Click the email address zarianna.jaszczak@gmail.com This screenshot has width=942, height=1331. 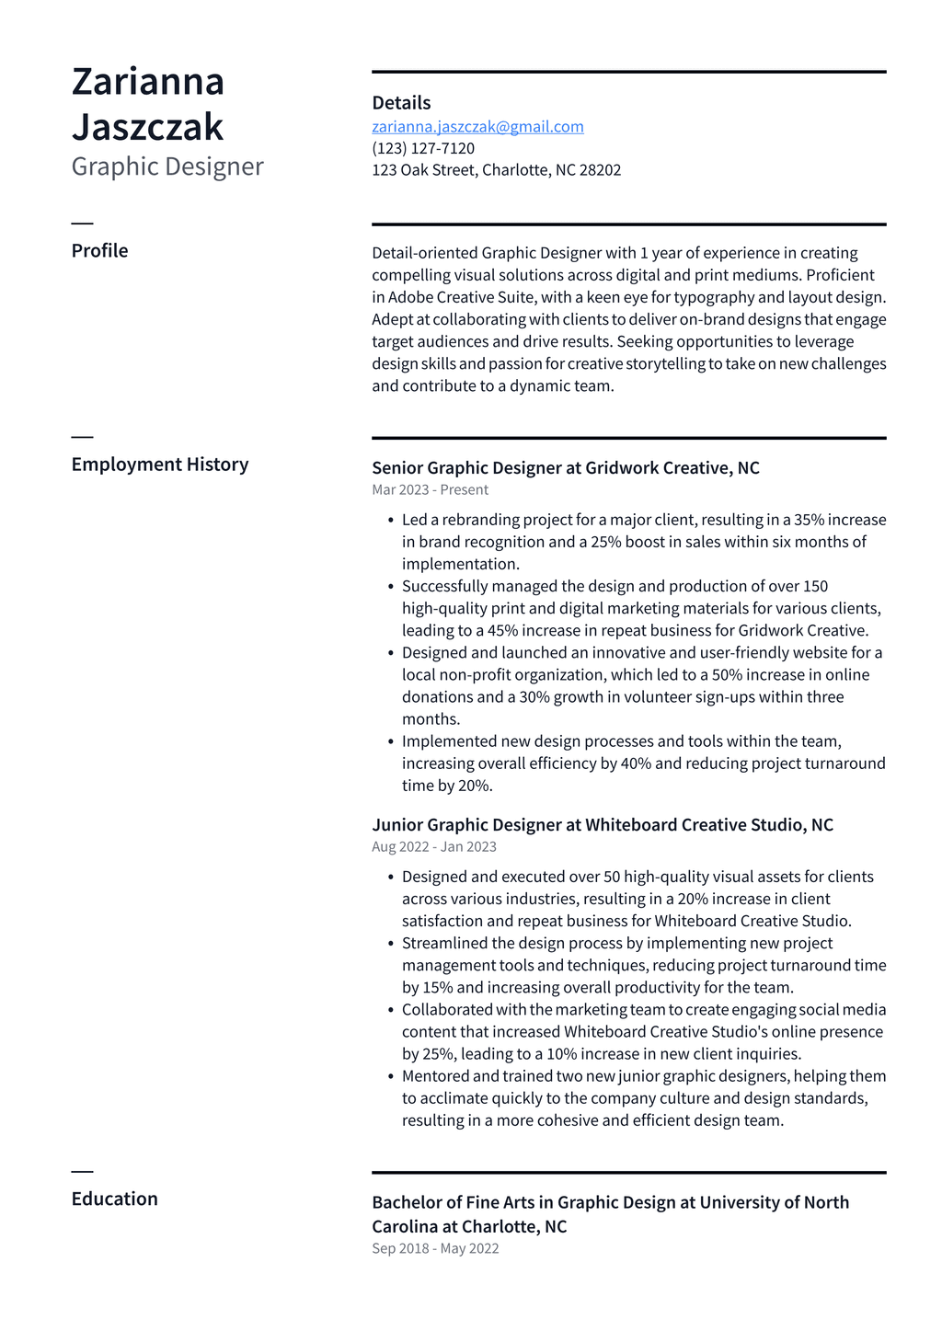[477, 127]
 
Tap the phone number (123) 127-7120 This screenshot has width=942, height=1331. [423, 149]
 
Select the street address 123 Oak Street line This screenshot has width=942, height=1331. [496, 170]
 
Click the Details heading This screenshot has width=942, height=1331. [401, 103]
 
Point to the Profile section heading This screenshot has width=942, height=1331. [99, 251]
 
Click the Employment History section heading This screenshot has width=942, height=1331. [160, 465]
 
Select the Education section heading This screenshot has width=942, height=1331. [114, 1199]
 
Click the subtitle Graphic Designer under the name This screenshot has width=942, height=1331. [167, 166]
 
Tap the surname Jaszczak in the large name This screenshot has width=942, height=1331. [147, 127]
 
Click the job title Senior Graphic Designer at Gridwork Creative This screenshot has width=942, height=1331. [565, 468]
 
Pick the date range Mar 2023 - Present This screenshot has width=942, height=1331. [430, 490]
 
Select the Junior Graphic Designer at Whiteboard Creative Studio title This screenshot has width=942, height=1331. [602, 825]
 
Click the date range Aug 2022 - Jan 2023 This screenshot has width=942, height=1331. [433, 847]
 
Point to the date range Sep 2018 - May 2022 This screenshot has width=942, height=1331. [435, 1249]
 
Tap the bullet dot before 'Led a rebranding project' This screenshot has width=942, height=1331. [391, 521]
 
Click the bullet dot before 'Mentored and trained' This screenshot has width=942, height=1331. [391, 1077]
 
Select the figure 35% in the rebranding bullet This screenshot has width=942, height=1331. [810, 521]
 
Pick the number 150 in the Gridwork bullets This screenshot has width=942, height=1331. [815, 587]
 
